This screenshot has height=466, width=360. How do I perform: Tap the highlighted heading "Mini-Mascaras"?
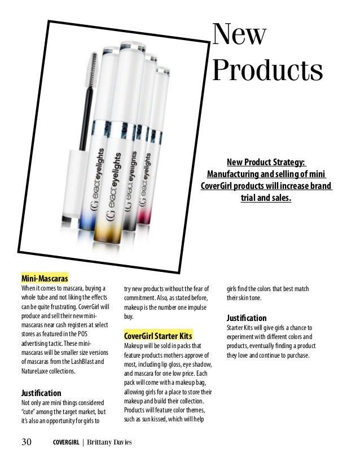45,279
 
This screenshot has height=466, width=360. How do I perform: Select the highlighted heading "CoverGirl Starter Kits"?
158,335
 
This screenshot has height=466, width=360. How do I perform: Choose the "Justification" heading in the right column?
247,318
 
